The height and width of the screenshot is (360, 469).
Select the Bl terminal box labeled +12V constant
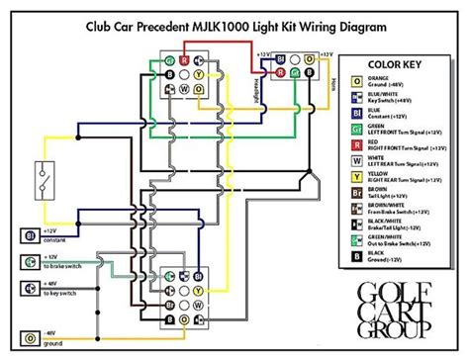coord(30,235)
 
